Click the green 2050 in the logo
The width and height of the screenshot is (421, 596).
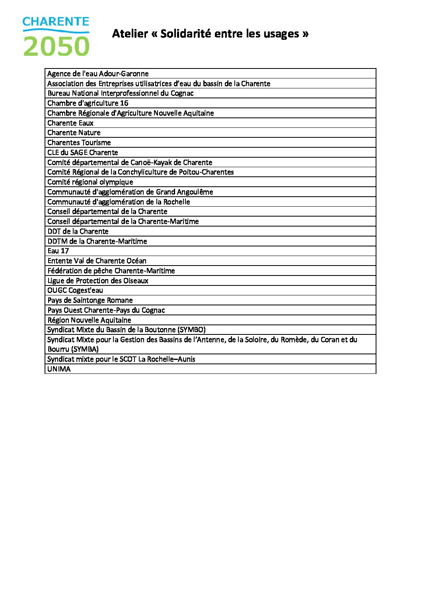tap(56, 46)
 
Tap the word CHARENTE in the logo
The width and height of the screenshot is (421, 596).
tap(56, 21)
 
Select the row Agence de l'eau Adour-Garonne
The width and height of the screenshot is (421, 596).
tap(98, 74)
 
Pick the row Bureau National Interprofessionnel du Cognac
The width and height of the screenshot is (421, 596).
tap(120, 93)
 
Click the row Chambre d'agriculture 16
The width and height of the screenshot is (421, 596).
tap(88, 103)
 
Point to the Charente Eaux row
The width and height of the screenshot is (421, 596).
tap(70, 123)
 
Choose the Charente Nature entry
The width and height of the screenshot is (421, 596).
tap(74, 133)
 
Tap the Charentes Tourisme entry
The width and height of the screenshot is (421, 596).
tap(79, 143)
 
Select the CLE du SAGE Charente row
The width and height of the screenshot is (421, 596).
tap(82, 152)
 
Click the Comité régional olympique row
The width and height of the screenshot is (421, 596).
tap(90, 182)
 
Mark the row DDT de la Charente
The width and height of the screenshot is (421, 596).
tap(78, 231)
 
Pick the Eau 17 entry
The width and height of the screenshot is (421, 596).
tap(58, 251)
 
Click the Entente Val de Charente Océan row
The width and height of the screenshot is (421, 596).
tap(97, 261)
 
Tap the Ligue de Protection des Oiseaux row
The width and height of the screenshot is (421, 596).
tap(97, 281)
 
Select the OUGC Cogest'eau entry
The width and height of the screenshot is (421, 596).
tap(75, 290)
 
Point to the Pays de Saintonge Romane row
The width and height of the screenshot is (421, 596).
tap(90, 300)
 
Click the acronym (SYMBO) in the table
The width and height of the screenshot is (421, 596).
tap(191, 330)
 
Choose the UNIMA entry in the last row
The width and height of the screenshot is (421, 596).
tap(59, 369)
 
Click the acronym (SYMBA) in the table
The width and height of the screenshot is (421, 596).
tap(85, 349)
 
